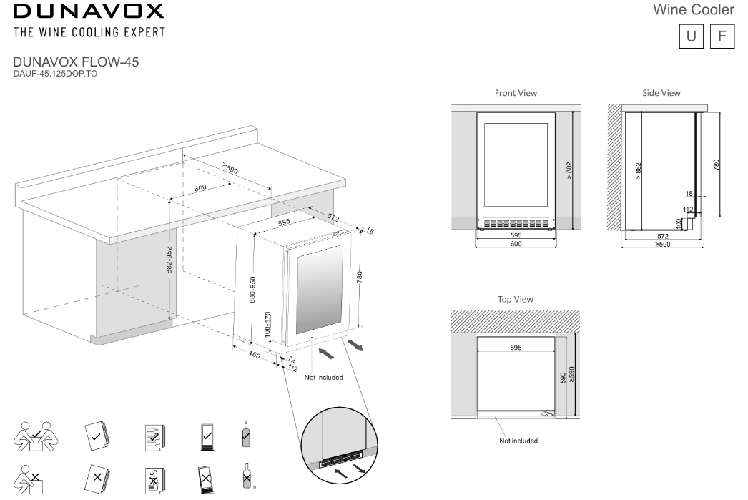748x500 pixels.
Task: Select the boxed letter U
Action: (692, 36)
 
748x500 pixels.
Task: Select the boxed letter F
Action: (722, 36)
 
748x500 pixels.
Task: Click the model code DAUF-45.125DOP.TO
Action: (55, 73)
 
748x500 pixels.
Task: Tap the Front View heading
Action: (516, 93)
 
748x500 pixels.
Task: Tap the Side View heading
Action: (661, 93)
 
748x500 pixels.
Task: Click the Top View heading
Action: (516, 300)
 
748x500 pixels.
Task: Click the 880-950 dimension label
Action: (252, 288)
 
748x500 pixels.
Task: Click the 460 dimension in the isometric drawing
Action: (253, 354)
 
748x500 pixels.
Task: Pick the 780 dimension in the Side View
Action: (716, 164)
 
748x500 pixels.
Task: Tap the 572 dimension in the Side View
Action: (662, 237)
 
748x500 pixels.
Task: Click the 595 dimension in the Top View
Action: (516, 348)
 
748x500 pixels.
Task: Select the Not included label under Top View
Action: (518, 441)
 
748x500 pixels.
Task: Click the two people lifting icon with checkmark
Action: (34, 434)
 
